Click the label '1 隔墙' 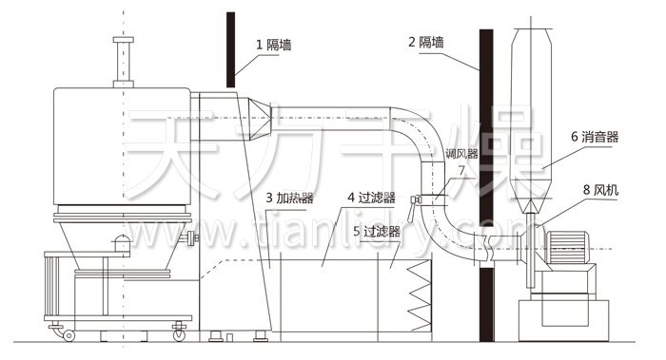[273, 43]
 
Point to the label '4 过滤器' [371, 198]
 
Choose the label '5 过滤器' [376, 231]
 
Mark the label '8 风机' [599, 190]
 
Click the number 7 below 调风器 [460, 169]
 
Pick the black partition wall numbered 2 [486, 190]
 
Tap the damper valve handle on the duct [416, 200]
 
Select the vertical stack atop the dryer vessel [121, 62]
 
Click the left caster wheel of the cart [68, 334]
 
